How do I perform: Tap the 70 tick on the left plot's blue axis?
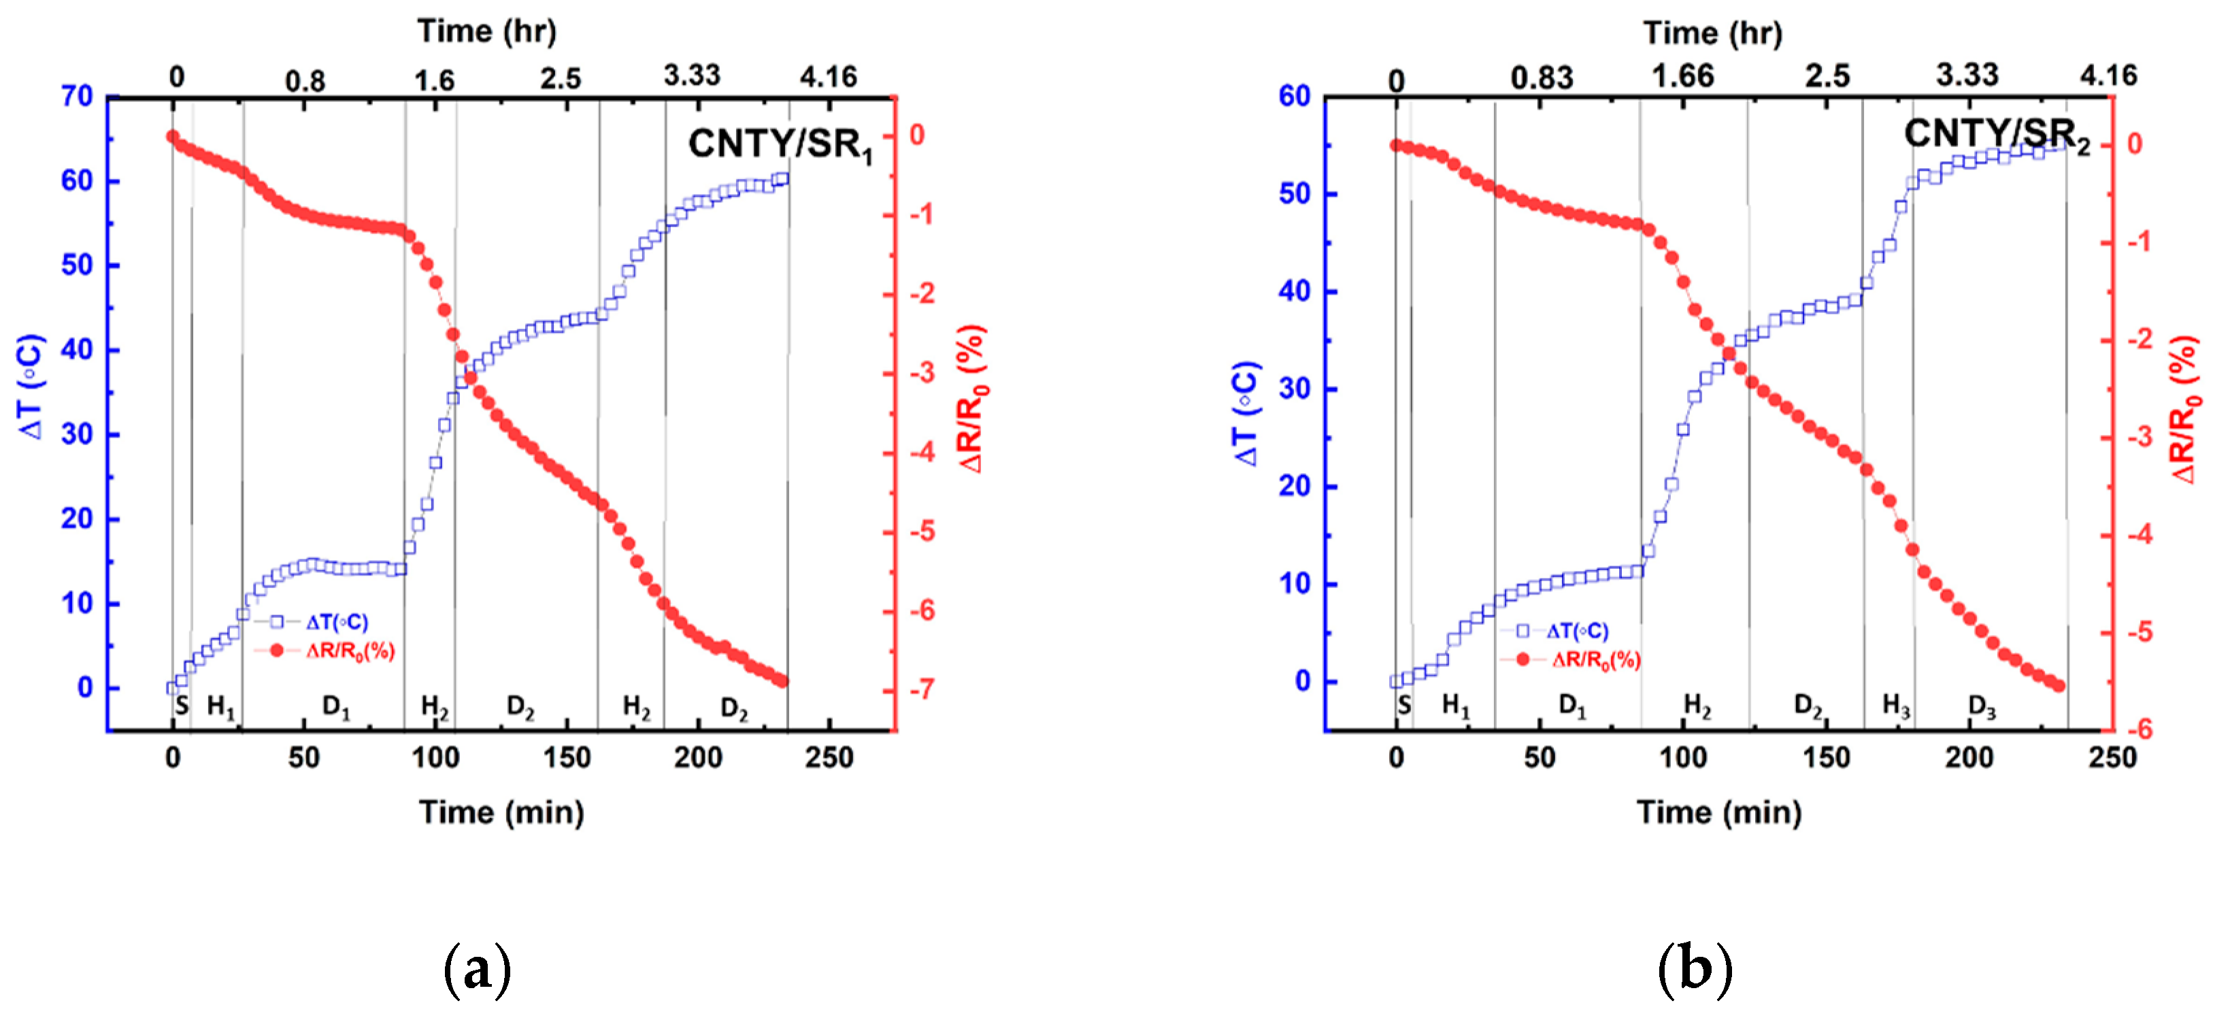click(x=78, y=96)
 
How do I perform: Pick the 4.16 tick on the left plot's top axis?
click(x=828, y=78)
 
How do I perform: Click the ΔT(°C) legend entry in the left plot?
click(x=336, y=622)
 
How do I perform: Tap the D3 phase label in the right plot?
click(x=1981, y=706)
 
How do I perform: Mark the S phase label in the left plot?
click(x=181, y=706)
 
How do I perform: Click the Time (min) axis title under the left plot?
click(x=501, y=812)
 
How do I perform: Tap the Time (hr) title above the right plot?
click(x=1712, y=33)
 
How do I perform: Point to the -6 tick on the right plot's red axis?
click(x=2139, y=729)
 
